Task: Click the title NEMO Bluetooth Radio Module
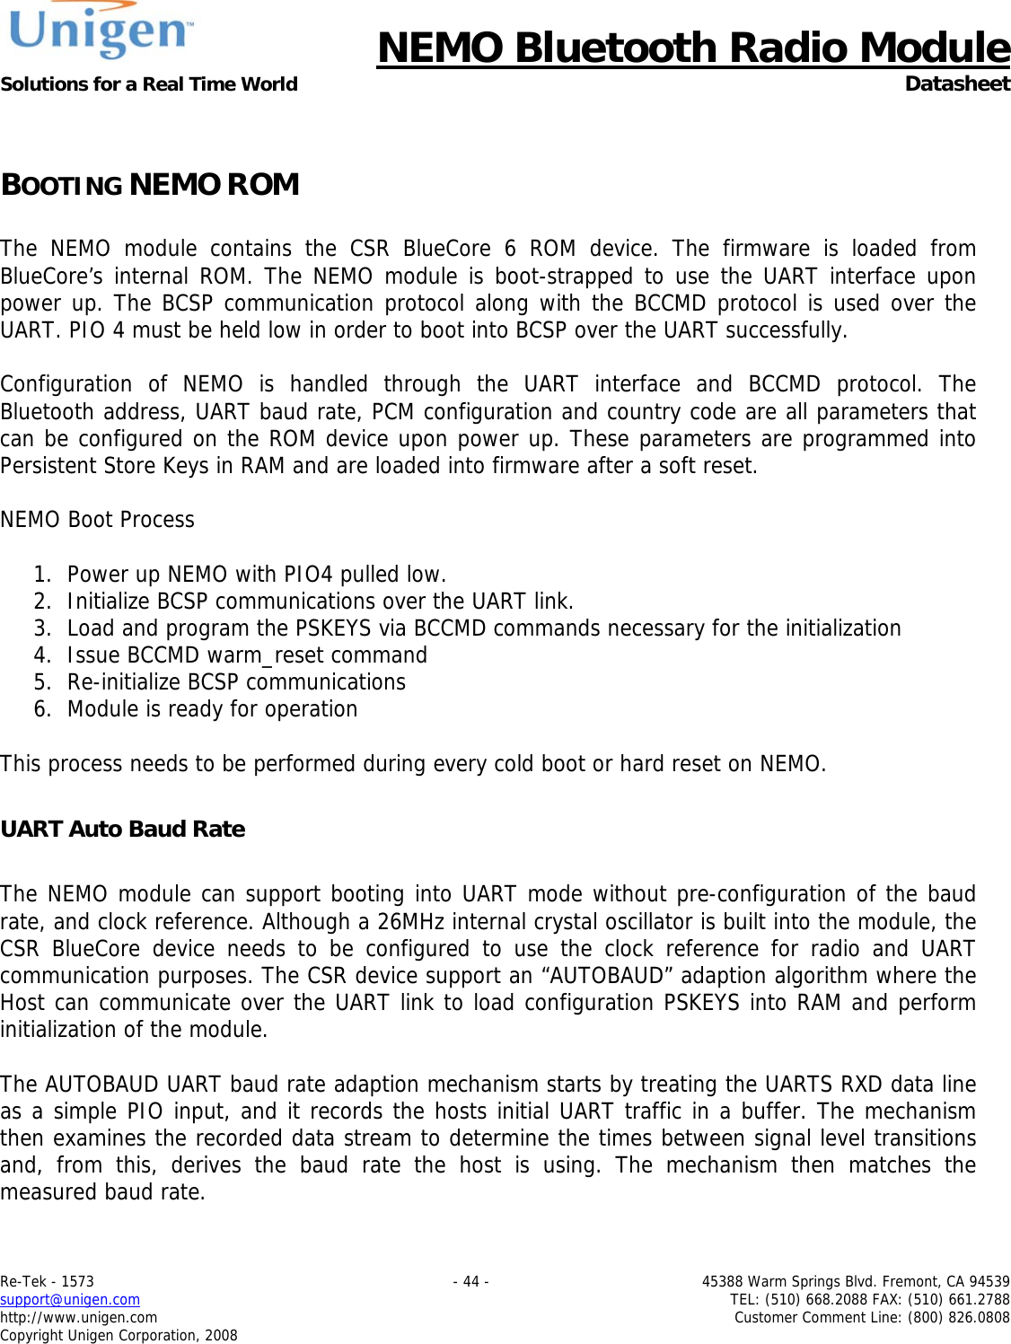tap(692, 48)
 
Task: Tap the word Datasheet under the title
tap(956, 83)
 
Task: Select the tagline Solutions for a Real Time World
tap(149, 84)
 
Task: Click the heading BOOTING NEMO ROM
tap(150, 185)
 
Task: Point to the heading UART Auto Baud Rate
tap(123, 829)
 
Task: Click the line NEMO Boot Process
tap(98, 520)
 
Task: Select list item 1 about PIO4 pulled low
tap(256, 575)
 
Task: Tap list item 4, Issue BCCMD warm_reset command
tap(247, 655)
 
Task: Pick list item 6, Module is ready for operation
tap(212, 709)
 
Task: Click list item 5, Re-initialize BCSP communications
tap(236, 682)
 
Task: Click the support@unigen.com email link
tap(70, 1300)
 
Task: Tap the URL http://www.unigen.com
tap(79, 1318)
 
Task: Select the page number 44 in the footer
tap(471, 1282)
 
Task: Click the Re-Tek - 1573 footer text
tap(48, 1282)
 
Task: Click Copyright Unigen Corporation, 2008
tap(119, 1336)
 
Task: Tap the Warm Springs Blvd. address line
tap(855, 1282)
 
